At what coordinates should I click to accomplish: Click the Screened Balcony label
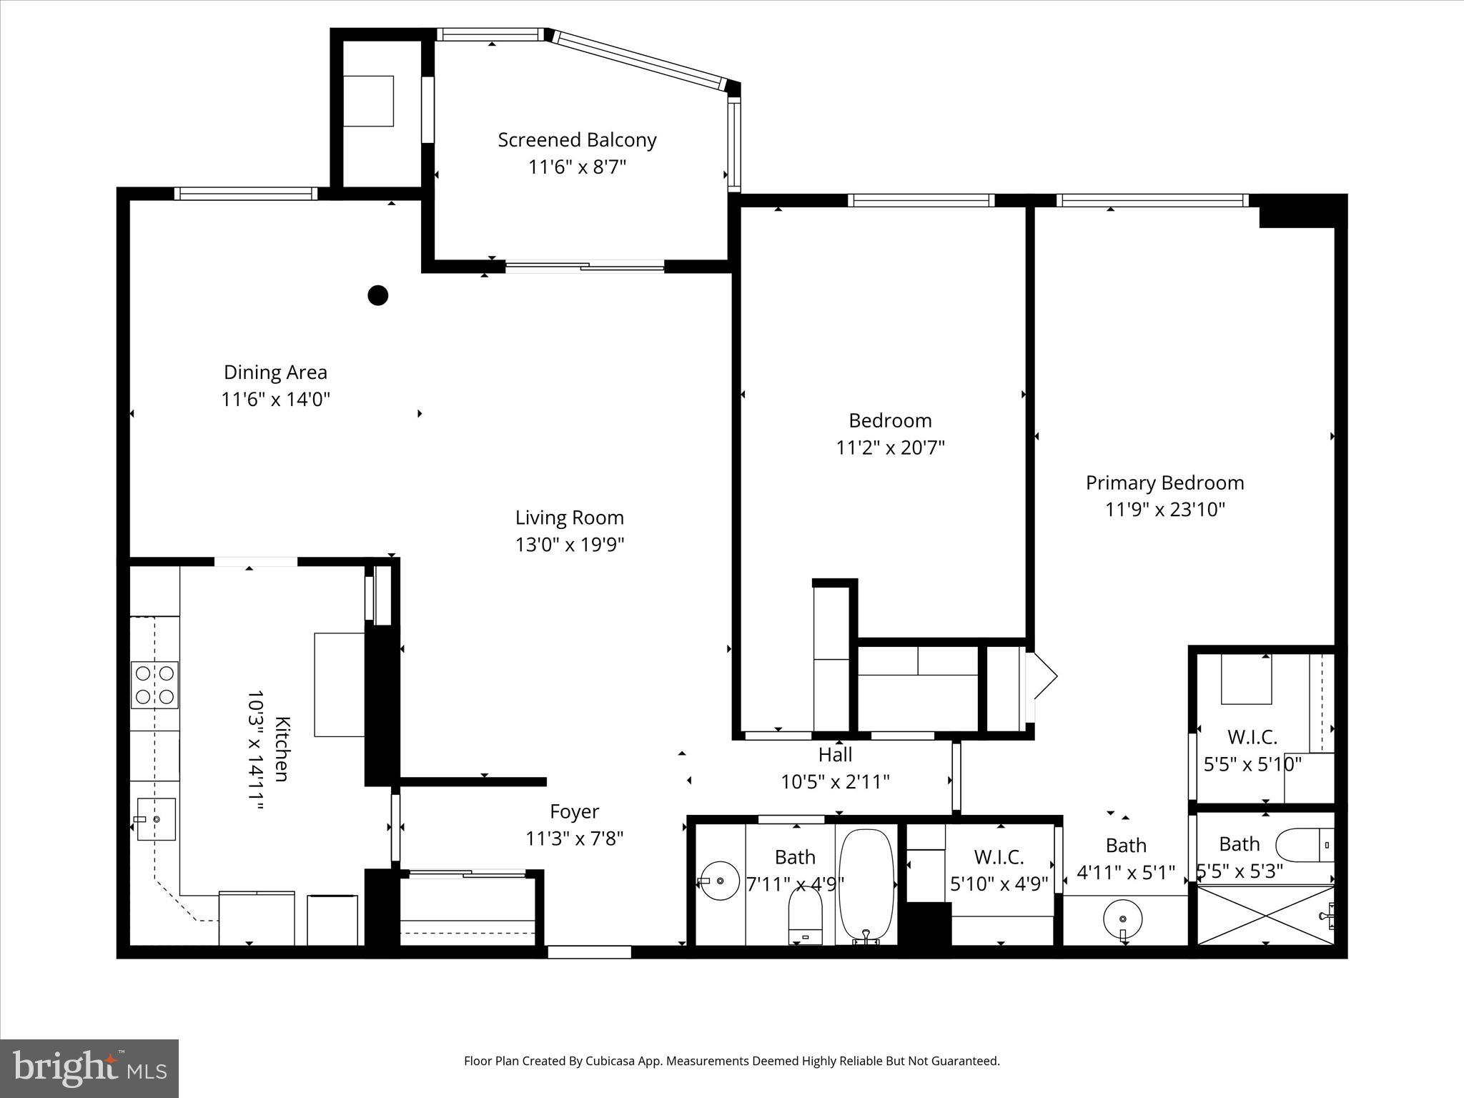(x=577, y=140)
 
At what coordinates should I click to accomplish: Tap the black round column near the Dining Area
(x=377, y=295)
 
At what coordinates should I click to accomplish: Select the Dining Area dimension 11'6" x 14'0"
(x=275, y=399)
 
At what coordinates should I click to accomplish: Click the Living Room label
(x=569, y=518)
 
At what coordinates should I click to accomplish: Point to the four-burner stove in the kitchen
(x=154, y=685)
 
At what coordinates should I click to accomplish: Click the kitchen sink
(x=157, y=819)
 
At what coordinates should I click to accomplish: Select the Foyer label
(x=574, y=811)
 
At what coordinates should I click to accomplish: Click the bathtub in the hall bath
(x=866, y=885)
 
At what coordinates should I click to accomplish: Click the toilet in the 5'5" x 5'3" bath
(x=1305, y=845)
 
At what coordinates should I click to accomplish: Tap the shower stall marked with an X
(x=1264, y=916)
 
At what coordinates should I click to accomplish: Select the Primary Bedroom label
(x=1164, y=483)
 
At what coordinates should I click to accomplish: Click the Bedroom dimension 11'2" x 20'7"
(x=890, y=448)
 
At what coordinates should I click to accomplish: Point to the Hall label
(x=835, y=754)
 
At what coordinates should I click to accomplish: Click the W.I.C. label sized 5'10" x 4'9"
(x=999, y=856)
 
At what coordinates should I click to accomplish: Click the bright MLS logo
(x=89, y=1068)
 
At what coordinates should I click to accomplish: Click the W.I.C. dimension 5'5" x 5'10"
(x=1252, y=764)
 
